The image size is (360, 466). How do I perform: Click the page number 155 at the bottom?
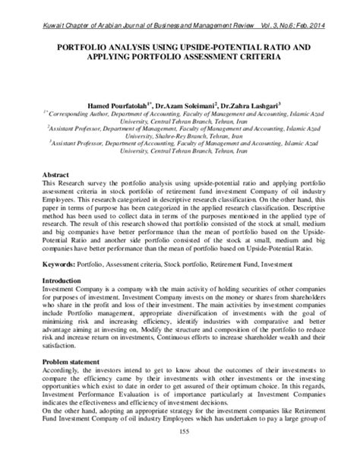[180, 453]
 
